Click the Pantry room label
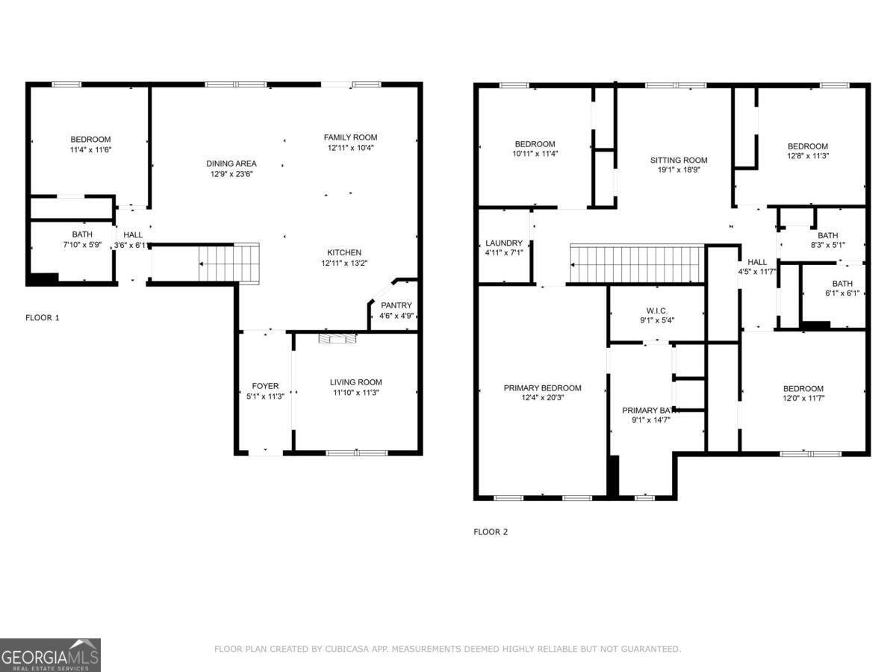pyautogui.click(x=396, y=305)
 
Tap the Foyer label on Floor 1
pyautogui.click(x=265, y=386)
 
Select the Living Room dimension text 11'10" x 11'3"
pyautogui.click(x=355, y=393)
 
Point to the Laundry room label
pyautogui.click(x=504, y=243)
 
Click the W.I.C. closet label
pyautogui.click(x=656, y=311)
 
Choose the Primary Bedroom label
pyautogui.click(x=542, y=388)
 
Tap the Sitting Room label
pyautogui.click(x=678, y=160)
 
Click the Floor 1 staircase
pyautogui.click(x=228, y=263)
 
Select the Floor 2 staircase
pyautogui.click(x=637, y=264)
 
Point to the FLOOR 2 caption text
pyautogui.click(x=491, y=532)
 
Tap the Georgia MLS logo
pyautogui.click(x=50, y=655)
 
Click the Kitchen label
pyautogui.click(x=344, y=252)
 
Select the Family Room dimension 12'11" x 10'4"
pyautogui.click(x=350, y=148)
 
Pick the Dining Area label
pyautogui.click(x=231, y=164)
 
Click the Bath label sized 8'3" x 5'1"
pyautogui.click(x=827, y=236)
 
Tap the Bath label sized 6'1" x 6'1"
pyautogui.click(x=842, y=284)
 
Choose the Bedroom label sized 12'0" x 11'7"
pyautogui.click(x=803, y=388)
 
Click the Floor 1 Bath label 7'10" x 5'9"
pyautogui.click(x=82, y=234)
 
